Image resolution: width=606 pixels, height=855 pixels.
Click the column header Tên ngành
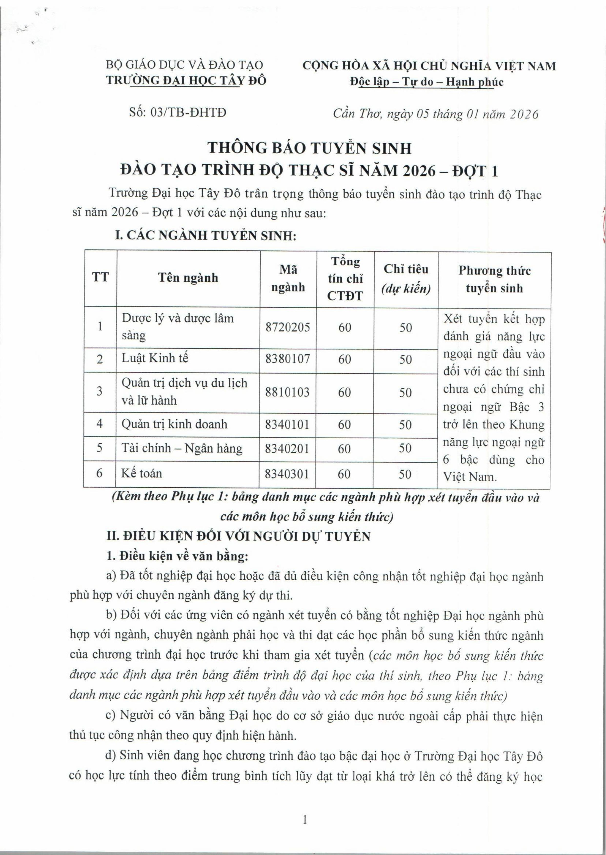click(x=188, y=278)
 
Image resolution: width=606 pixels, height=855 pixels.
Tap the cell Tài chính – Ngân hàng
click(x=182, y=448)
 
